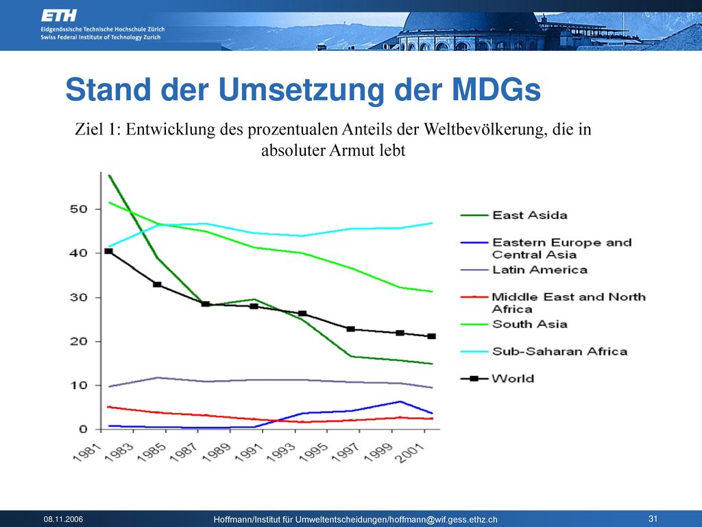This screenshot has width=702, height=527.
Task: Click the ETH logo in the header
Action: (x=59, y=16)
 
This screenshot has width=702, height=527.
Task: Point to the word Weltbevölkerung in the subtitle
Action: (x=485, y=129)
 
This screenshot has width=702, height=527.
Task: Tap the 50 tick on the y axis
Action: (x=78, y=209)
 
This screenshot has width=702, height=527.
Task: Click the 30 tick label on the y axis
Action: (x=78, y=298)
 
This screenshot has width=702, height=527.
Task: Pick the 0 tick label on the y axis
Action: (x=83, y=430)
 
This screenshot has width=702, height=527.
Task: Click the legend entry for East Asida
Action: (x=514, y=215)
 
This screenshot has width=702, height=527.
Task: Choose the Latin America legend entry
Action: (x=524, y=270)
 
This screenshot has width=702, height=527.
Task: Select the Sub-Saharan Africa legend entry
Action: (x=544, y=351)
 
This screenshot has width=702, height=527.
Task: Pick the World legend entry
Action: (x=498, y=379)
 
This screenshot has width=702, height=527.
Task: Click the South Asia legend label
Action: (x=530, y=324)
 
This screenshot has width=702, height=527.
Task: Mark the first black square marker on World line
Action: (x=108, y=251)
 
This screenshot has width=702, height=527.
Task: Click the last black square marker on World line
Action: (x=432, y=336)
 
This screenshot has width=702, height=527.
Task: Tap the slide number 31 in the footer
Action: (x=653, y=519)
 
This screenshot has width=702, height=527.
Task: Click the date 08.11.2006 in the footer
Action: (x=63, y=519)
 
